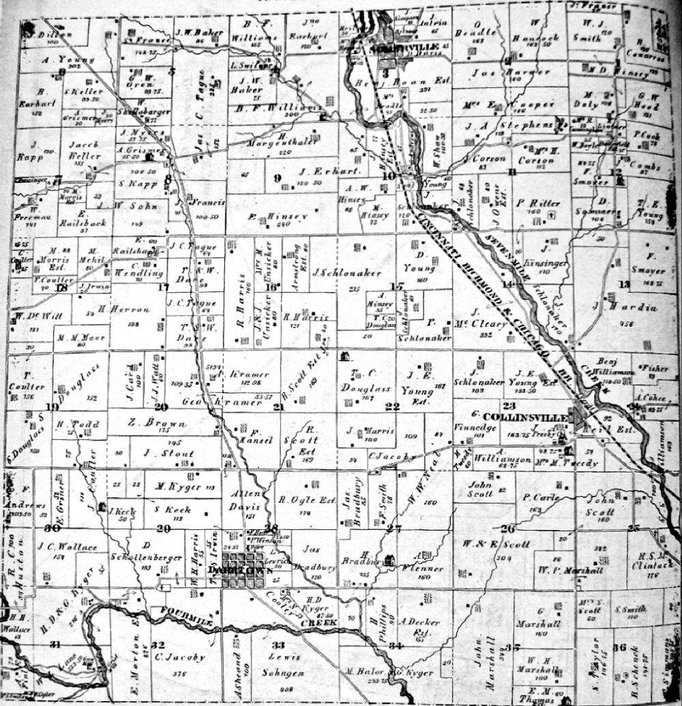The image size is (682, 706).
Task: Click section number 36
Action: pyautogui.click(x=619, y=647)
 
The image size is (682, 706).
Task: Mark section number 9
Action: pyautogui.click(x=278, y=179)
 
